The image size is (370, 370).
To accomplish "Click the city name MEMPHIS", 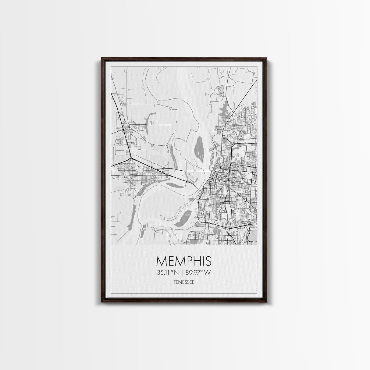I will tap(184, 261).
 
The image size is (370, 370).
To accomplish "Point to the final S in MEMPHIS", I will tap(208, 261).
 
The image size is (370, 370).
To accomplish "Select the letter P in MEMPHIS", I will tap(189, 261).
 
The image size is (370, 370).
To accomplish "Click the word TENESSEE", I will tap(184, 282).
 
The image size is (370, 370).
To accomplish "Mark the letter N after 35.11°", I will tap(176, 273).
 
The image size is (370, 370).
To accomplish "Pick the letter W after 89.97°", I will tap(207, 273).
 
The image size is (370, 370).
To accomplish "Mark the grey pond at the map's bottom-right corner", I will tap(253, 235).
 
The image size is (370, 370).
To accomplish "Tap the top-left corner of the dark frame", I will tap(102, 58).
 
